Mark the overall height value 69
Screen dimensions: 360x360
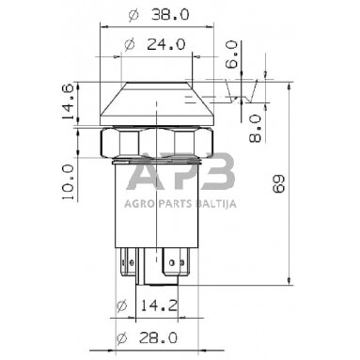pos(304,187)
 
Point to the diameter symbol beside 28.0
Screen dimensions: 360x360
pos(119,338)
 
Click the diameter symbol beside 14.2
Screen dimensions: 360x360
pos(120,306)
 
